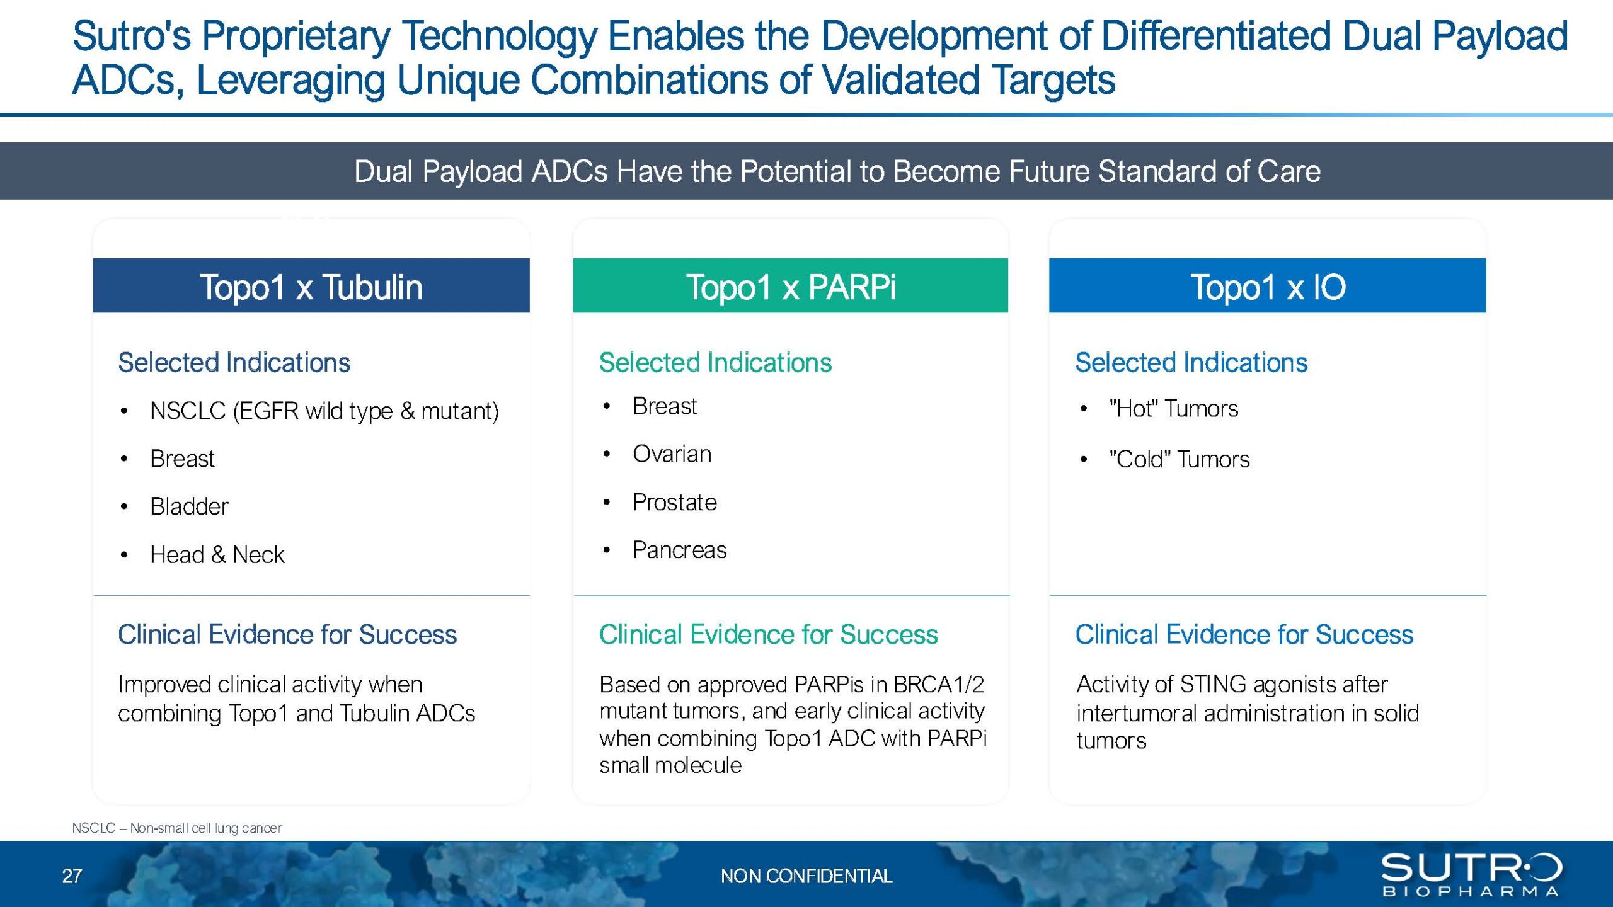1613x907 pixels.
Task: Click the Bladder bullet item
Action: click(x=189, y=506)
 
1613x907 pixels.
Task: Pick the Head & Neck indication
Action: click(x=217, y=555)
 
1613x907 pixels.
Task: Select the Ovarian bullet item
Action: click(x=672, y=454)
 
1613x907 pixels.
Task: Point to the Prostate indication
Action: click(x=675, y=503)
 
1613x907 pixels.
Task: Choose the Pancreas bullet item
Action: click(x=680, y=550)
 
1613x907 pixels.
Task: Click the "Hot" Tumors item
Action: click(x=1174, y=409)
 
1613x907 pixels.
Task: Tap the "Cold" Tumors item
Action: click(x=1180, y=459)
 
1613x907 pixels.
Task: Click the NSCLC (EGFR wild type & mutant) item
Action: click(x=324, y=411)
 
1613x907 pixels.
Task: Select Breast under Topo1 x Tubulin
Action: click(x=182, y=459)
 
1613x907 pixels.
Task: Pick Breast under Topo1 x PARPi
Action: click(x=665, y=406)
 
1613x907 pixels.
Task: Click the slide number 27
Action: click(x=72, y=876)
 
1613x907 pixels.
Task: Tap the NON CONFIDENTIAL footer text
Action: click(x=806, y=876)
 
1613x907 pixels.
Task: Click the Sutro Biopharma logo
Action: click(x=1472, y=874)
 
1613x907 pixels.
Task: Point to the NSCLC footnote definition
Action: click(x=177, y=828)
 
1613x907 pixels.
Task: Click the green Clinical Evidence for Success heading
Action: click(x=768, y=634)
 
